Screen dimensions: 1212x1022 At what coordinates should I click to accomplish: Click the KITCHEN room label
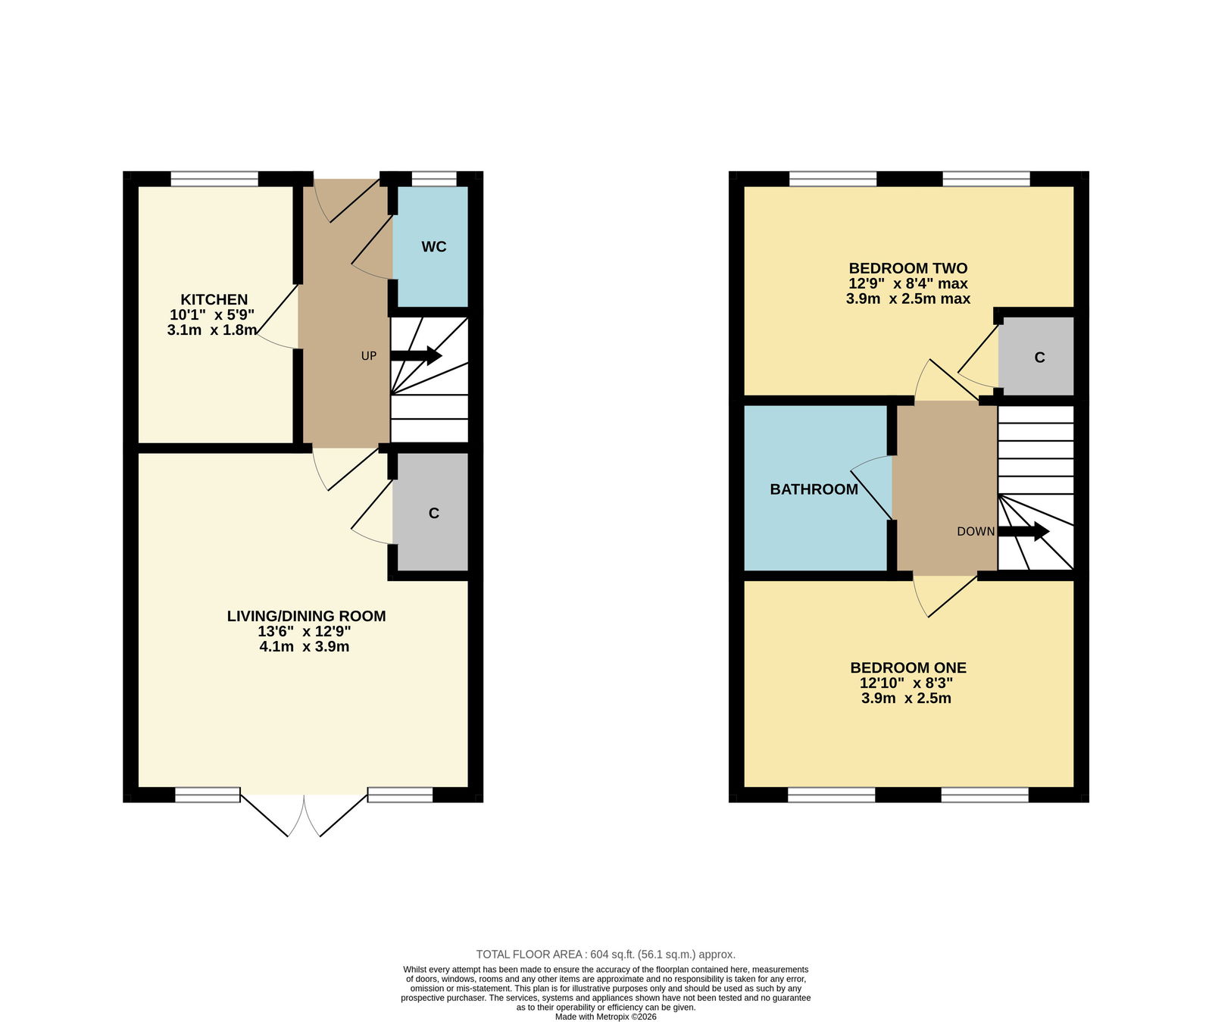[x=214, y=299]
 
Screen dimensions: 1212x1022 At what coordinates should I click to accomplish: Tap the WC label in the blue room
[x=434, y=247]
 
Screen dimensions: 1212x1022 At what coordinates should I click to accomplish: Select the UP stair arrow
[x=416, y=355]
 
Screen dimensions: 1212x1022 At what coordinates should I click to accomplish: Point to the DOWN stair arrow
[x=1023, y=531]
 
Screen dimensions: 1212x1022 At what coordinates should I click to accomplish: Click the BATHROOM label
[x=814, y=489]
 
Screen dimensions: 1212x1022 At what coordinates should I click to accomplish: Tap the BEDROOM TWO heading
[x=907, y=268]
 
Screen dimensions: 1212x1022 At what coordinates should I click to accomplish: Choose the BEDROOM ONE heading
[x=908, y=667]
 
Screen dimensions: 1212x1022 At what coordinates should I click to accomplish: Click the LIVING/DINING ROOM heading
[x=306, y=616]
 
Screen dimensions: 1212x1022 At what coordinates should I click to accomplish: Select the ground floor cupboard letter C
[x=434, y=514]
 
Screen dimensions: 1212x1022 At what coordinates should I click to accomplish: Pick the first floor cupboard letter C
[x=1039, y=358]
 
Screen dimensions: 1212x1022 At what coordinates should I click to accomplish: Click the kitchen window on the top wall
[x=214, y=179]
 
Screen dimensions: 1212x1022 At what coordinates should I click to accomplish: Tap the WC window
[x=434, y=179]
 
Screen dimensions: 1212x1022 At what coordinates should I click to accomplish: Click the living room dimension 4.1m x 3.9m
[x=304, y=647]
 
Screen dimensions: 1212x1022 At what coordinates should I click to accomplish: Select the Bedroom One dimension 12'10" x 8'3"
[x=906, y=683]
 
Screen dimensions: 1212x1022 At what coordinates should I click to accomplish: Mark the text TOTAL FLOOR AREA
[x=529, y=955]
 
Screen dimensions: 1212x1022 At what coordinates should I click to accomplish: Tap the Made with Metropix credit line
[x=606, y=1017]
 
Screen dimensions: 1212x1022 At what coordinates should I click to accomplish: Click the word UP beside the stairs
[x=368, y=356]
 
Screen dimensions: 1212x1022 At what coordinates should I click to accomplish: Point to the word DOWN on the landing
[x=976, y=532]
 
